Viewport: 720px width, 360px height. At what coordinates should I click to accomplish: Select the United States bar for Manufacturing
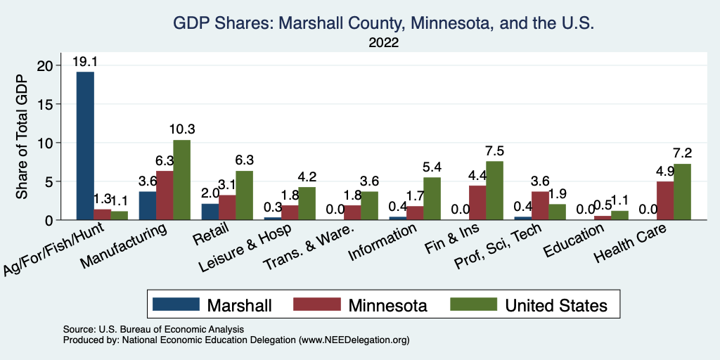[x=181, y=180]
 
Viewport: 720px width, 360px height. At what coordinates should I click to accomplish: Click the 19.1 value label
[x=85, y=62]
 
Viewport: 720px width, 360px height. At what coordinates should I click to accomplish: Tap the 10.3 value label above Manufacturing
[x=181, y=130]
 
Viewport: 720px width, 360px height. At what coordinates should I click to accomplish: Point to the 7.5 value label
[x=495, y=151]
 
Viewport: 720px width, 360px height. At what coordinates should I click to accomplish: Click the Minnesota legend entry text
[x=386, y=305]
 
